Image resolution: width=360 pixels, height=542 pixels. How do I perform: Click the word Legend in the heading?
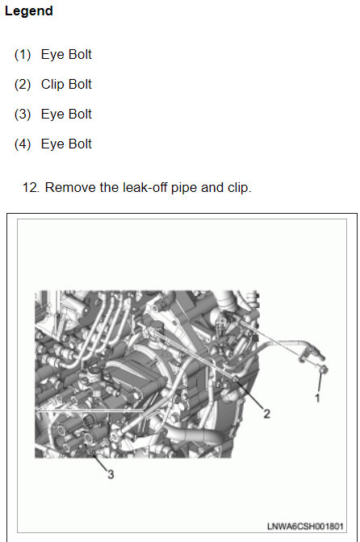(29, 11)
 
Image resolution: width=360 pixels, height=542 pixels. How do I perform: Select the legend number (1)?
(23, 55)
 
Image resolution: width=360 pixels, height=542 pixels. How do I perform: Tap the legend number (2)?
(23, 85)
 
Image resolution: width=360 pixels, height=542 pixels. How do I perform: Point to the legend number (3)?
(23, 114)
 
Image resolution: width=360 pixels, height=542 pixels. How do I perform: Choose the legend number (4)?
(23, 144)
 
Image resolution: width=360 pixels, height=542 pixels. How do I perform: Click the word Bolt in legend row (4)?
(79, 144)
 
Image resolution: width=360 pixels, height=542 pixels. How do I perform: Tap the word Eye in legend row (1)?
(52, 55)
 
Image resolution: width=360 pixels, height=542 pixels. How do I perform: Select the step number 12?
(31, 188)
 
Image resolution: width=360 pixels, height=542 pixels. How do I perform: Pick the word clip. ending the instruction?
(239, 188)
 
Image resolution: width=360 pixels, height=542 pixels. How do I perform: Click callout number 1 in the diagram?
(317, 398)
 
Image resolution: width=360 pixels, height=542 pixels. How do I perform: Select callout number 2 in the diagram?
(266, 414)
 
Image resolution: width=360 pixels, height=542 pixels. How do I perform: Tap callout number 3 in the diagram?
(111, 474)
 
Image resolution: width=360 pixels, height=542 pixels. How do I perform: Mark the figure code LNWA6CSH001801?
(305, 527)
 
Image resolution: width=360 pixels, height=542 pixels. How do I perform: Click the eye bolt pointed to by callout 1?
(324, 369)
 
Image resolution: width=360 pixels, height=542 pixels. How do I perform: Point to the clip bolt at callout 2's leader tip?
(235, 379)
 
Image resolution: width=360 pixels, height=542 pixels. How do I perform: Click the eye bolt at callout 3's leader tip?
(90, 452)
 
